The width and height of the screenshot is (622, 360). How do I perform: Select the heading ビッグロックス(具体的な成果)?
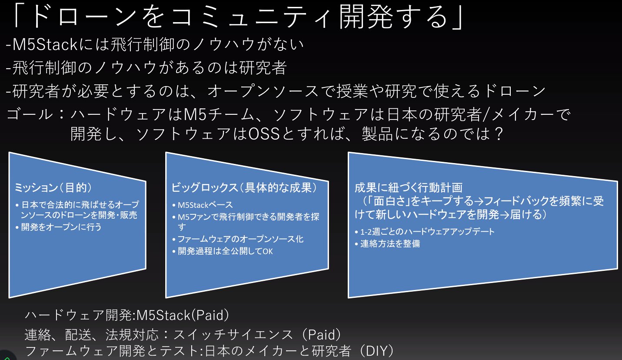coord(244,187)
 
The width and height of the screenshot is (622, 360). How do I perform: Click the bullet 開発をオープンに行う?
coord(61,227)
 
